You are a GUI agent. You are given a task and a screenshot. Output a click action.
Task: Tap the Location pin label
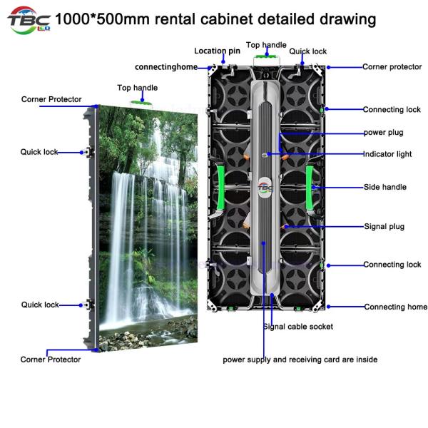217,51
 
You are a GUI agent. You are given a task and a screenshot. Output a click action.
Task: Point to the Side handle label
384,187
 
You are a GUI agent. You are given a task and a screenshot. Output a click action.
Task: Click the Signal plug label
384,227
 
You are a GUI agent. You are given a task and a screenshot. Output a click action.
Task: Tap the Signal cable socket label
297,327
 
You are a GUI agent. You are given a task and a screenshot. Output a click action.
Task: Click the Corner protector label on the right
392,66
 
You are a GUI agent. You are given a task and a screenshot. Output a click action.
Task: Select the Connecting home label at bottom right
395,307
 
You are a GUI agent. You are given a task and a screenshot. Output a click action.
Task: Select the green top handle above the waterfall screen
138,101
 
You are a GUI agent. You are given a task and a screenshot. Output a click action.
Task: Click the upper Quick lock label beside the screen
39,152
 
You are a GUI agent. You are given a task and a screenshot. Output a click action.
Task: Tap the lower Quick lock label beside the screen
39,305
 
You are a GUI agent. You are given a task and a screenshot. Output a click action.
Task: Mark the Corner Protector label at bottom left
50,360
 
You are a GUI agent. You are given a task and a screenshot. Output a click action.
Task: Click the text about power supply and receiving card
300,360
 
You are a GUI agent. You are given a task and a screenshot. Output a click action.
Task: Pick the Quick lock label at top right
307,51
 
